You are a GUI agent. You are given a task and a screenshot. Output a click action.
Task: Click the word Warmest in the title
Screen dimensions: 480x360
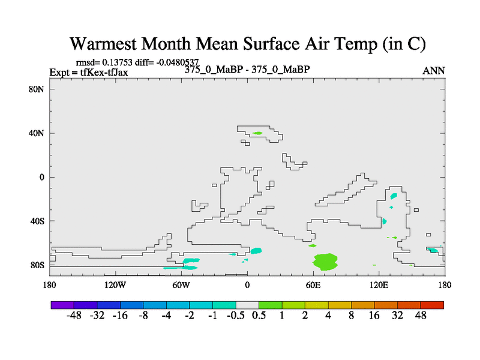(103, 43)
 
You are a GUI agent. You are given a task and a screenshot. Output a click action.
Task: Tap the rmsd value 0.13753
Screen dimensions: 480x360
(117, 62)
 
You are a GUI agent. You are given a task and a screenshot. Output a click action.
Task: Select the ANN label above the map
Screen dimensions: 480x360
(433, 71)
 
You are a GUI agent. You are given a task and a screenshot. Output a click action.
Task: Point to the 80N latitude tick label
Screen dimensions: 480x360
(37, 89)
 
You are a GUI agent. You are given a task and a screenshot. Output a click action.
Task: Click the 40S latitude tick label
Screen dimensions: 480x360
(37, 221)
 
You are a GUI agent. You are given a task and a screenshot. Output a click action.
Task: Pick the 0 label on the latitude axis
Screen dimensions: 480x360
(41, 177)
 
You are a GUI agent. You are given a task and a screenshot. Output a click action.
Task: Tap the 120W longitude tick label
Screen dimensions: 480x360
(115, 286)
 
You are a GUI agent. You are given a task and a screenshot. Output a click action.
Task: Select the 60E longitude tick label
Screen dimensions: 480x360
(313, 286)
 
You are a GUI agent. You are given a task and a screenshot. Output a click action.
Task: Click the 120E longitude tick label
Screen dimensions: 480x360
(379, 286)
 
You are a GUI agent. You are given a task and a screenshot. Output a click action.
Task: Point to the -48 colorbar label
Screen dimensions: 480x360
(74, 316)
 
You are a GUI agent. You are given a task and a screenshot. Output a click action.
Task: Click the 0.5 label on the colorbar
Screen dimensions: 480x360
(259, 316)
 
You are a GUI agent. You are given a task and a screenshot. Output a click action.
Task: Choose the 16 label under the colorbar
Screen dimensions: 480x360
(374, 316)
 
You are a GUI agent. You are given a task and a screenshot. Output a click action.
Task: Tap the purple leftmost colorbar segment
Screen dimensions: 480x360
(62, 305)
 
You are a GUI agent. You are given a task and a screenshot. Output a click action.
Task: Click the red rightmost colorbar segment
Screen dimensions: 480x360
(432, 305)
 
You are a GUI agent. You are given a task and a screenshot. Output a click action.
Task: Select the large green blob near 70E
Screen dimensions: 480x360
(325, 262)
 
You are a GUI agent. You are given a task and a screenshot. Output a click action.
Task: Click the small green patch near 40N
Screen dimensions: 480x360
(257, 133)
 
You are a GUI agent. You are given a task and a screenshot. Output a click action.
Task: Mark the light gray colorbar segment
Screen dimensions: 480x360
(247, 305)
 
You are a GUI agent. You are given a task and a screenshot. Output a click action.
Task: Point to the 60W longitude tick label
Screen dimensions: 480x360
(181, 286)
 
